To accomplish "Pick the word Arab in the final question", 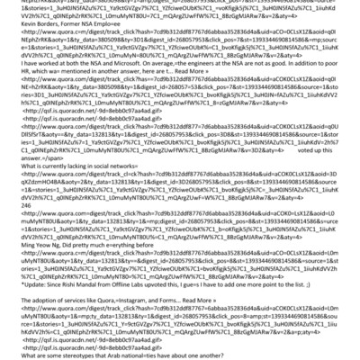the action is (114, 352).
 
